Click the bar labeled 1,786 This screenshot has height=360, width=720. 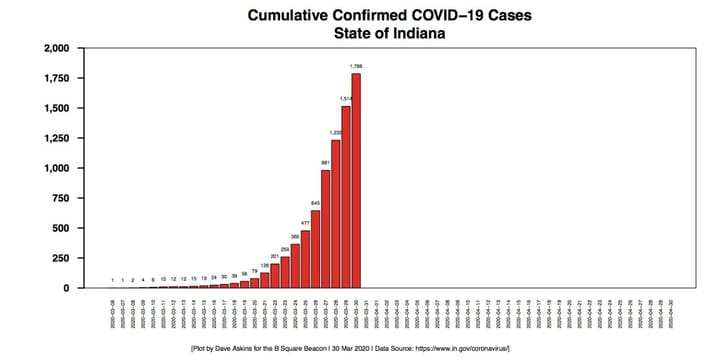tap(355, 181)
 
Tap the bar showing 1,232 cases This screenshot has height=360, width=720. tap(335, 214)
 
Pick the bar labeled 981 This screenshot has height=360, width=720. tap(325, 229)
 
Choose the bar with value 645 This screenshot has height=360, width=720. tap(315, 249)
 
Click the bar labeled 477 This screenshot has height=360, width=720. tap(305, 259)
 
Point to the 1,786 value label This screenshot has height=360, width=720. tap(355, 67)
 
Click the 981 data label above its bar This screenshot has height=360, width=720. tap(325, 163)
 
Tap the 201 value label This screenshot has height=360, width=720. tap(274, 256)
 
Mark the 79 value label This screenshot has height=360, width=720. tap(254, 271)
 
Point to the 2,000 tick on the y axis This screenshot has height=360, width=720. tap(53, 48)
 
